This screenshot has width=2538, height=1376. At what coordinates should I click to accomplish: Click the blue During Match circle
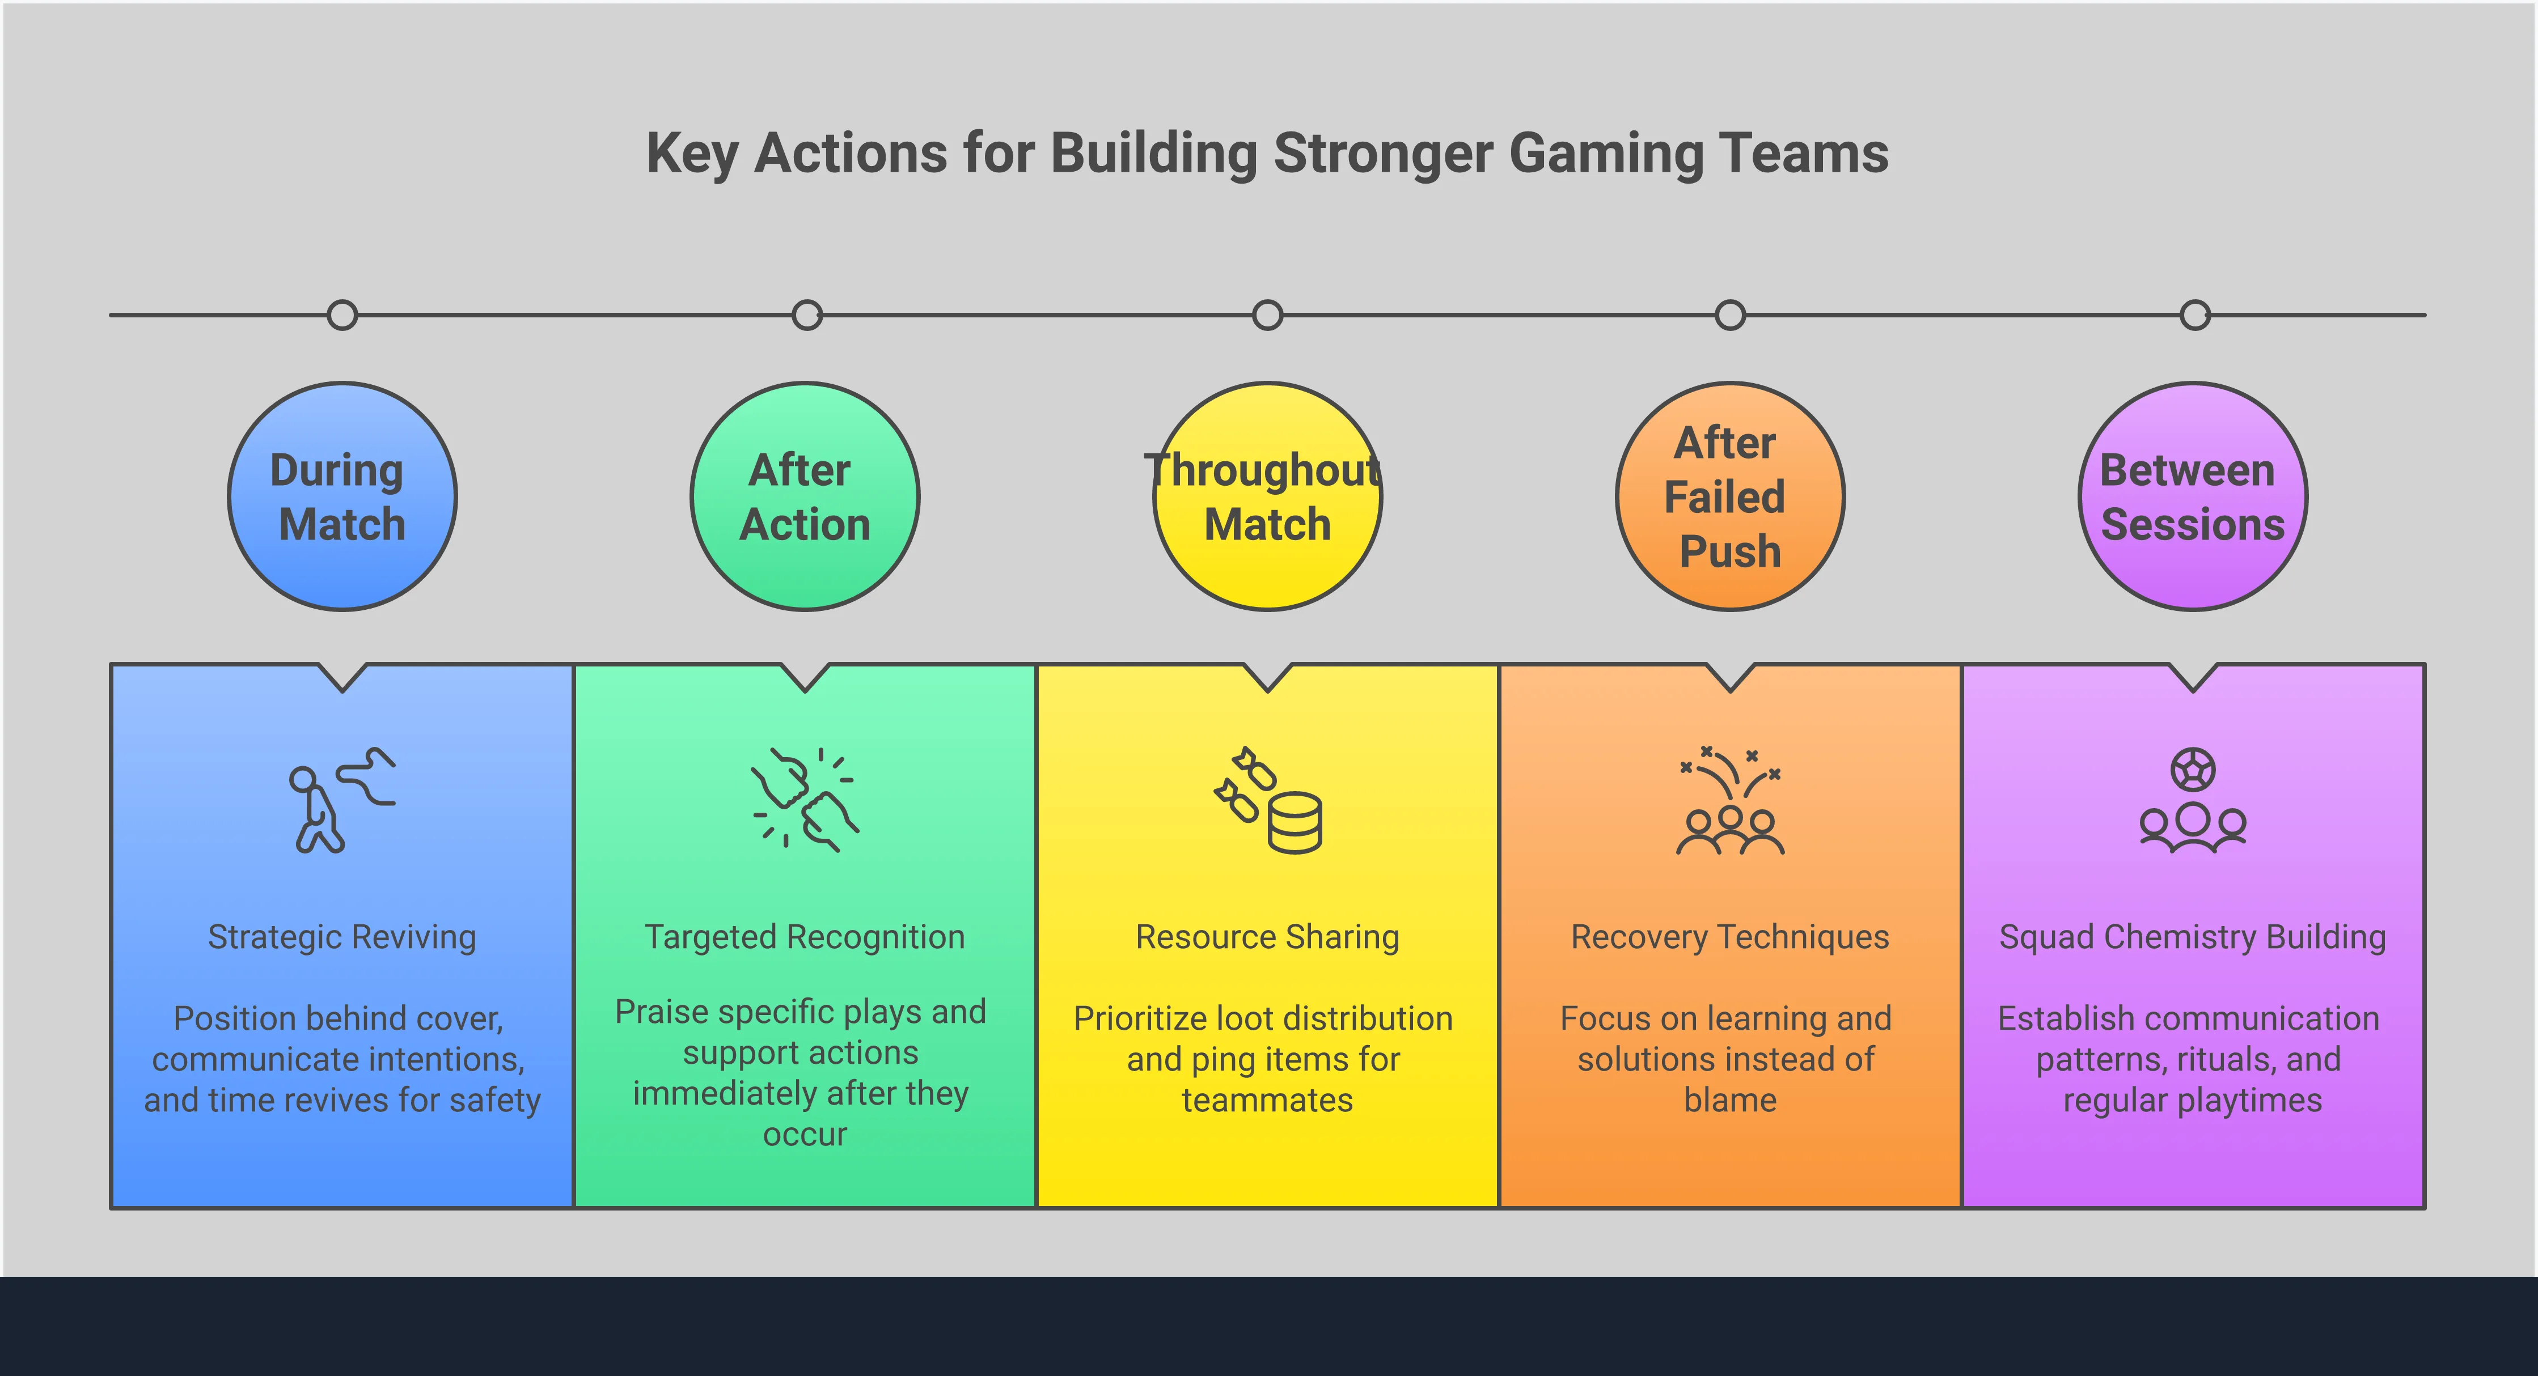(x=342, y=496)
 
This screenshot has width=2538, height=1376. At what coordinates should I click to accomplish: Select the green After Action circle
(x=805, y=496)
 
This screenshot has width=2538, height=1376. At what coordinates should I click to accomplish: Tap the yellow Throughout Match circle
(x=1267, y=496)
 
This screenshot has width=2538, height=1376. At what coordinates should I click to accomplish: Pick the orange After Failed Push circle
(x=1730, y=496)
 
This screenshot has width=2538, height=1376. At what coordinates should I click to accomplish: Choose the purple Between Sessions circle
(x=2193, y=496)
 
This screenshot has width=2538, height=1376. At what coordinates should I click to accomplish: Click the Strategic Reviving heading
(x=342, y=937)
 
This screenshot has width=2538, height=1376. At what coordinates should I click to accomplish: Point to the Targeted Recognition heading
(x=805, y=937)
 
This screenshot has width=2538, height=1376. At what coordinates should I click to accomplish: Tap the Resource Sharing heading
(x=1267, y=937)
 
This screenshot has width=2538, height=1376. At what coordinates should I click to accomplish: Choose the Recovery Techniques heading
(x=1730, y=937)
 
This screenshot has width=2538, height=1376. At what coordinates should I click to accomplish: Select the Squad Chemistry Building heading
(x=2193, y=937)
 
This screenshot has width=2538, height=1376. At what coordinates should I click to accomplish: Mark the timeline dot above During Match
(x=342, y=315)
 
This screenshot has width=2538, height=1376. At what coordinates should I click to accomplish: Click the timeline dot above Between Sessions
(x=2195, y=315)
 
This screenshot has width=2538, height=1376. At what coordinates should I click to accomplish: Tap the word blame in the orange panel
(x=1730, y=1100)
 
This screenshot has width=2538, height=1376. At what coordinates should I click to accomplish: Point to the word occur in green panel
(x=805, y=1135)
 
